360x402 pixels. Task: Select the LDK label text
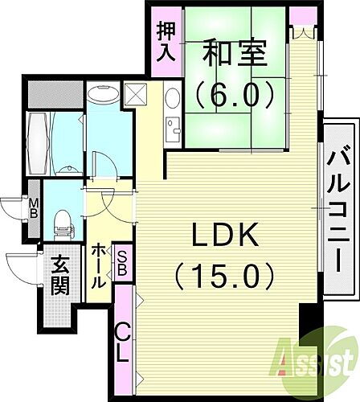(x=226, y=237)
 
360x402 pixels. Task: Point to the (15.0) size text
(x=226, y=277)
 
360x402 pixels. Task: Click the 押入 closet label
(x=166, y=43)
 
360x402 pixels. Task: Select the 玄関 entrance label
(x=60, y=275)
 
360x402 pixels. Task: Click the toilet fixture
(x=62, y=219)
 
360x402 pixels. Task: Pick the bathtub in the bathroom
(x=38, y=143)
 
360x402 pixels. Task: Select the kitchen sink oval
(x=172, y=101)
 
